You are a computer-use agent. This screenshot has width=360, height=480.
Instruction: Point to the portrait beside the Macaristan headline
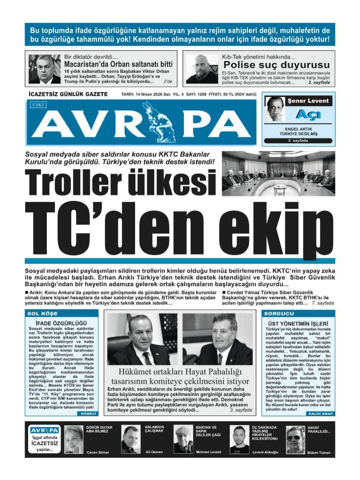point(44,69)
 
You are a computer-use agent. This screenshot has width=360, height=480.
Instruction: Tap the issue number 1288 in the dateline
point(201,94)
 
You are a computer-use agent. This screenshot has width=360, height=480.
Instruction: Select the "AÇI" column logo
point(308,115)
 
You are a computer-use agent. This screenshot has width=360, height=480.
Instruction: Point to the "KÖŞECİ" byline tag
point(88,414)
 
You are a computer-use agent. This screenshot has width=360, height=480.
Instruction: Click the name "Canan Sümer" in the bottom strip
point(98,452)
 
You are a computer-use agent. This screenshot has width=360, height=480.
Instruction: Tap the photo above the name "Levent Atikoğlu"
point(239,440)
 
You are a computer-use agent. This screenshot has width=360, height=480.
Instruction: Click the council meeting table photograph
point(278,173)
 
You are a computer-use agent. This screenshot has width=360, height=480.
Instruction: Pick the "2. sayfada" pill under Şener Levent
point(298,141)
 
